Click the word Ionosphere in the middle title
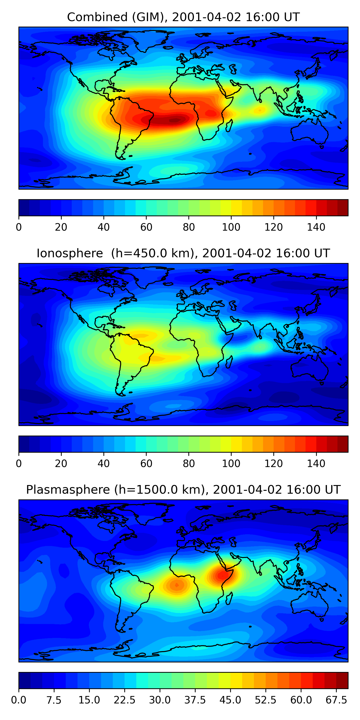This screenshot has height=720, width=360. [70, 253]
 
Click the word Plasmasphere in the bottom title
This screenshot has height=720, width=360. [68, 490]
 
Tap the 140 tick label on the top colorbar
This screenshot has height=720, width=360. [316, 227]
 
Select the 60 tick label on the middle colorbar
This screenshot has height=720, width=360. [146, 463]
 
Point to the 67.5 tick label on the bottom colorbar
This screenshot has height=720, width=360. [336, 700]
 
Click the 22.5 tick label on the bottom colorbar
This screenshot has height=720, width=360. [124, 700]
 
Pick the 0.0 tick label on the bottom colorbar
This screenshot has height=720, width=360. [19, 700]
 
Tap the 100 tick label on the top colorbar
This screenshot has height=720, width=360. [231, 227]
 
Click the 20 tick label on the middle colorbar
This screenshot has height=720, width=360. [61, 463]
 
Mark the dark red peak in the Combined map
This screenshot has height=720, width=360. [175, 120]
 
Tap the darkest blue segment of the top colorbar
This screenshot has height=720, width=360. [24, 208]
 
